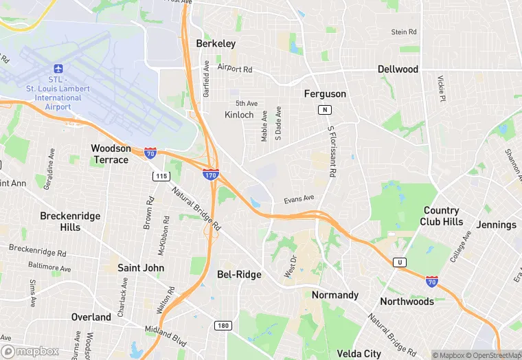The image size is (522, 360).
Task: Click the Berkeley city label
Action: point(216,43)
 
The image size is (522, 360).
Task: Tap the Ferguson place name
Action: point(325,93)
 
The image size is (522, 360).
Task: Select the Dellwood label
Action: point(398,69)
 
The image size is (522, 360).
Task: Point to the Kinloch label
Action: point(239,115)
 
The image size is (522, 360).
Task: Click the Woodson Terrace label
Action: point(110,154)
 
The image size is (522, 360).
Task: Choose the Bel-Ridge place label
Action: point(239,274)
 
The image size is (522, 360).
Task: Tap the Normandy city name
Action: point(335,295)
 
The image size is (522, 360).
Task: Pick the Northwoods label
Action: point(407,302)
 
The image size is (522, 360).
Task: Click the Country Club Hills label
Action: point(443,216)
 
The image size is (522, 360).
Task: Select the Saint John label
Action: point(141,267)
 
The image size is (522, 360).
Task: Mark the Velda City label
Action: point(359,354)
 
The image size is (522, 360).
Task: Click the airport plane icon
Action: point(58,69)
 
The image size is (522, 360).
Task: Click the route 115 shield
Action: point(161,177)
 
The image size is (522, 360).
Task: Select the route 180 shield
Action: point(222,326)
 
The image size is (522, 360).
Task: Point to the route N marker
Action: point(324,110)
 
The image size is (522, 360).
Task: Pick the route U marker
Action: point(399,262)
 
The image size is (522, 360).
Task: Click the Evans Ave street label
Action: point(299,199)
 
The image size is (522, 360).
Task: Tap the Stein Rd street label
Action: point(404,32)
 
